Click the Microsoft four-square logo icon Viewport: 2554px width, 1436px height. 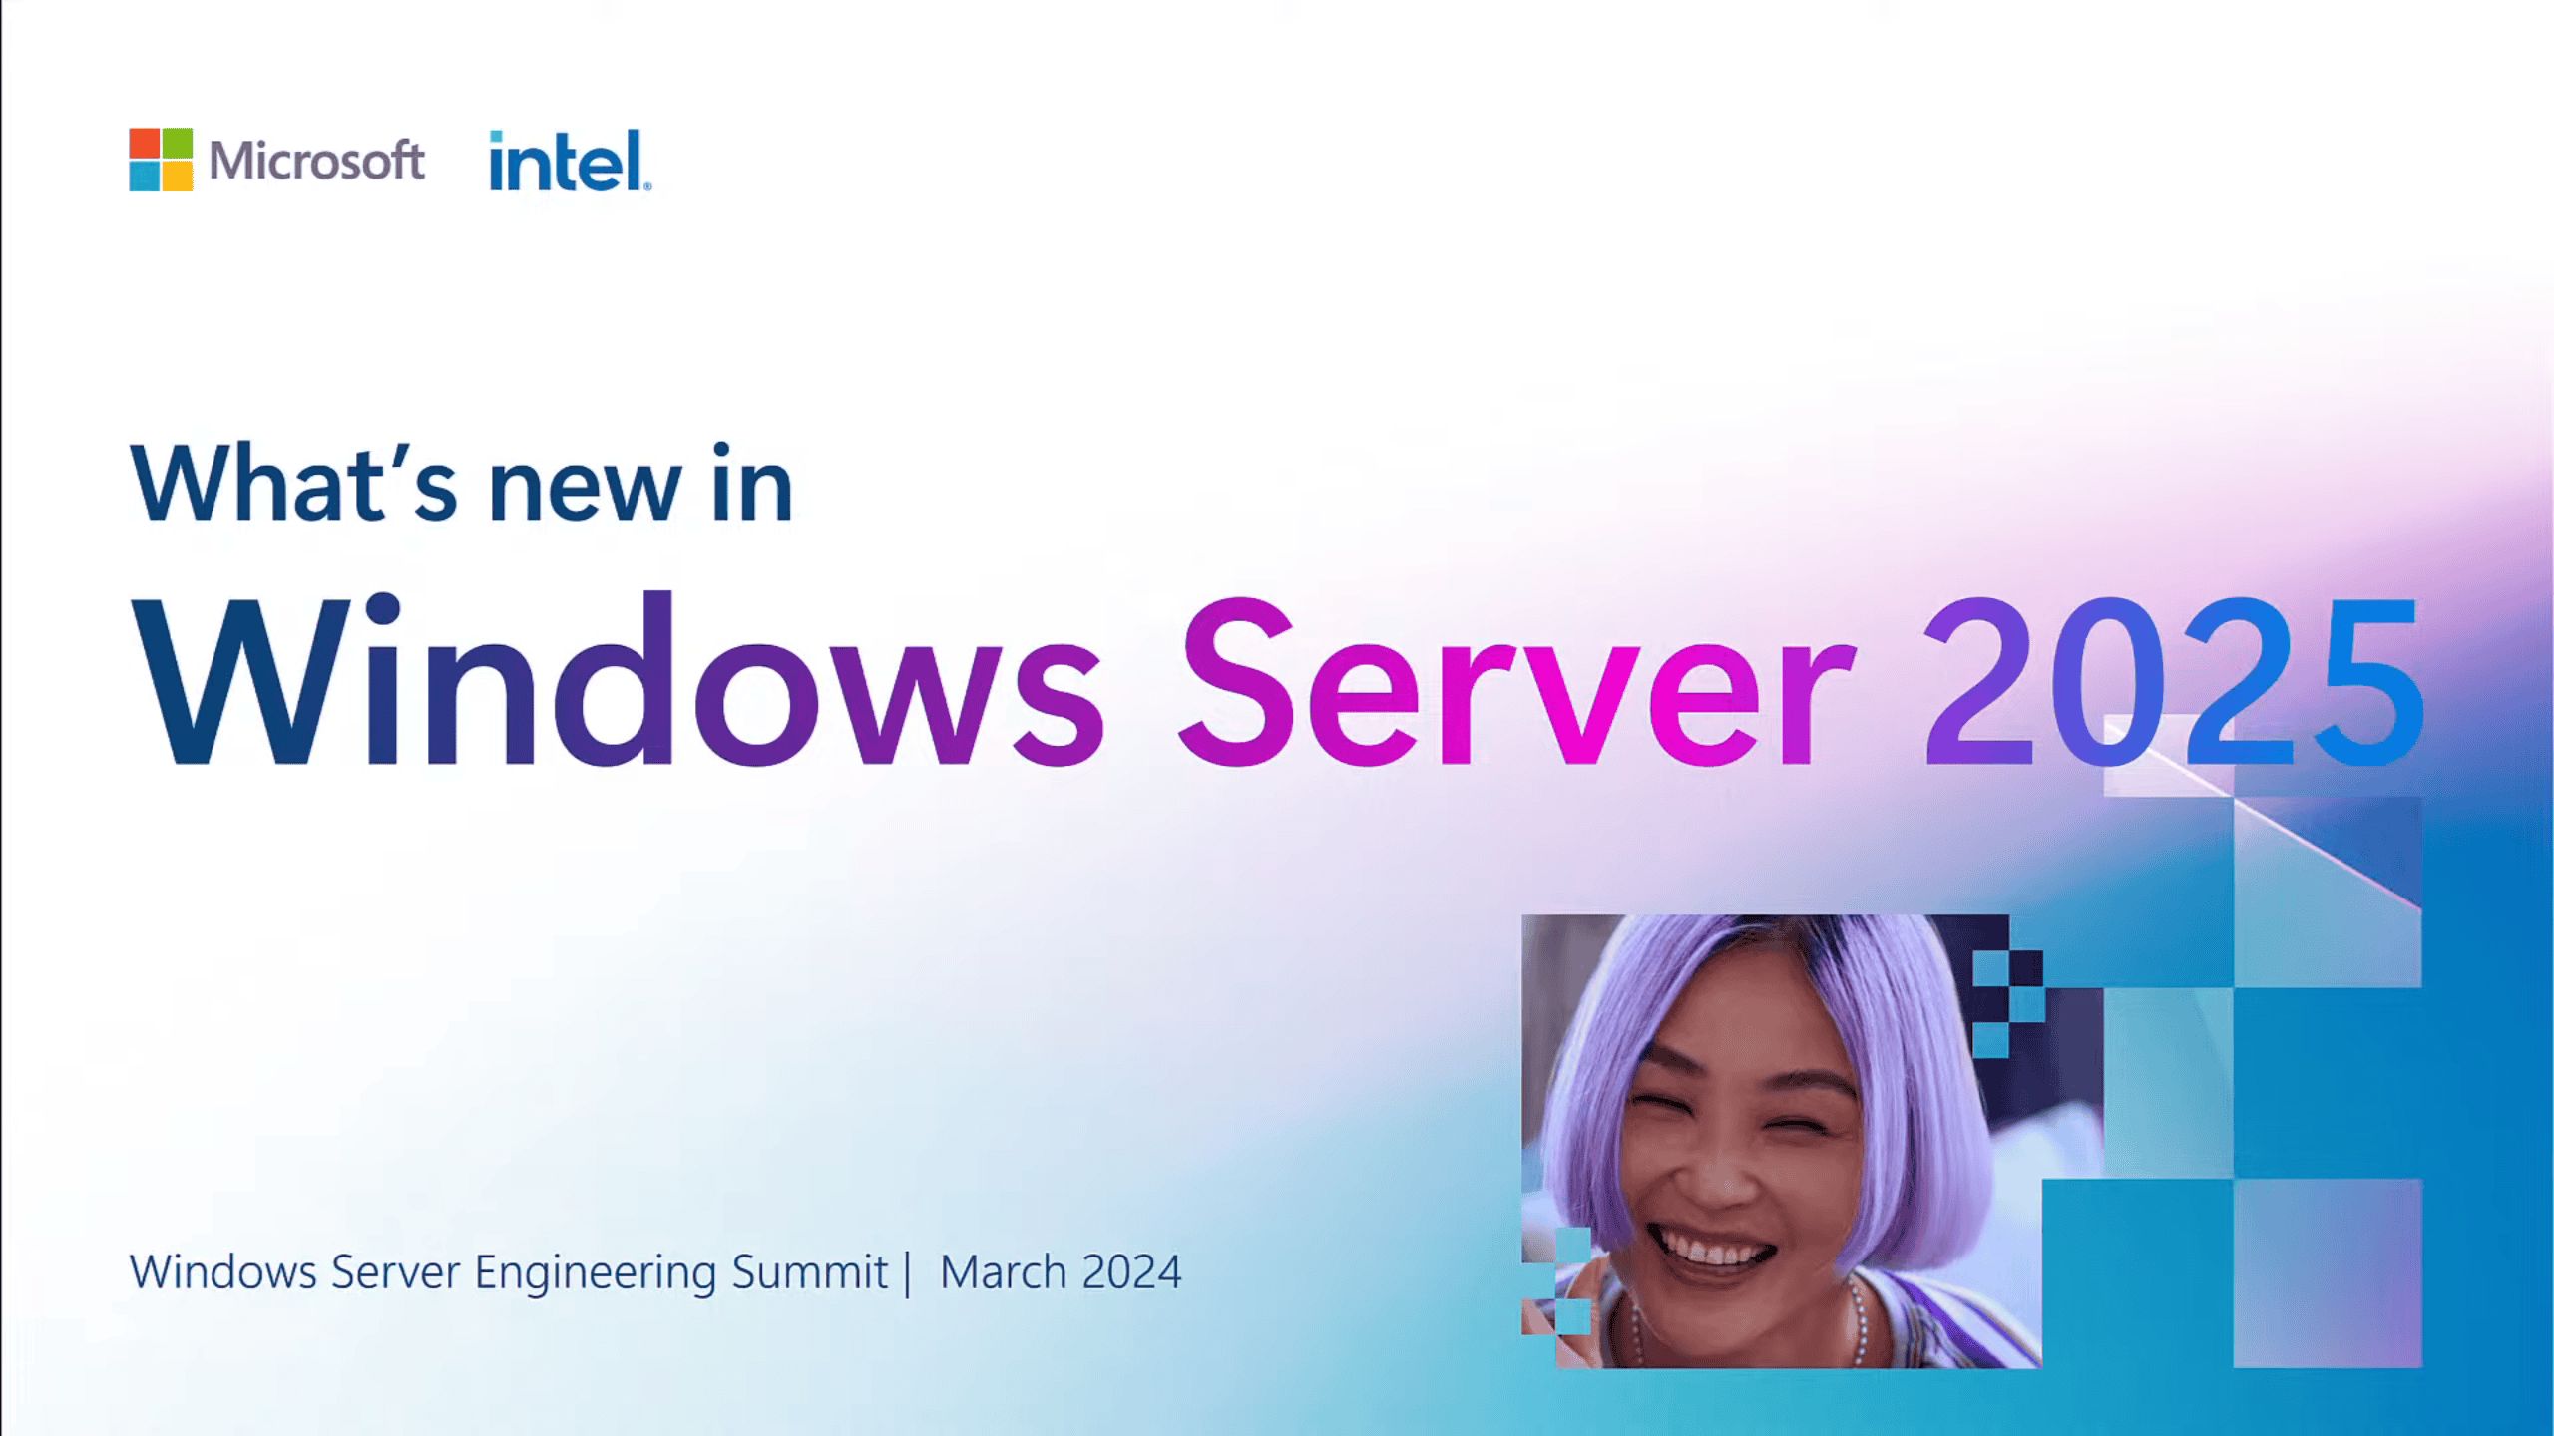click(161, 160)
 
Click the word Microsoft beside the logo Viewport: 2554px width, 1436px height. click(316, 161)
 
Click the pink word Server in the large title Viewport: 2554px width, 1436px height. click(1516, 682)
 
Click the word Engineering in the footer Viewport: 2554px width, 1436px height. click(595, 1273)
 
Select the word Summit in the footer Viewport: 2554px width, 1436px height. click(809, 1272)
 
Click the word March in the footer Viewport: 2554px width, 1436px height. click(1004, 1272)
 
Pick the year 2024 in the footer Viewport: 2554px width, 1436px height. click(1131, 1272)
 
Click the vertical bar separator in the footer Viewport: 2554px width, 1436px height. click(908, 1273)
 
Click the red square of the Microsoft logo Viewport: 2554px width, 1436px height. click(145, 143)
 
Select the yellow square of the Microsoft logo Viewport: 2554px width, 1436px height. click(178, 177)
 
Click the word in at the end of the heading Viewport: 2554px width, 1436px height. click(752, 485)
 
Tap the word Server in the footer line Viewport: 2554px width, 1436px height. click(395, 1272)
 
